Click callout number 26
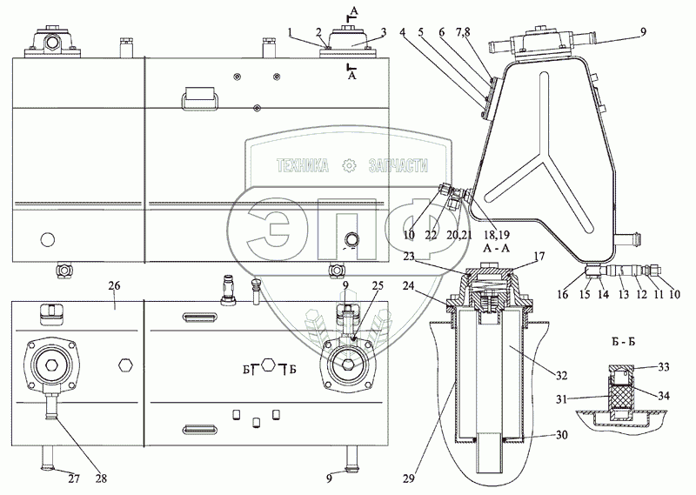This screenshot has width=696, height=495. click(x=115, y=285)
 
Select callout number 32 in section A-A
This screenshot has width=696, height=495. click(x=561, y=376)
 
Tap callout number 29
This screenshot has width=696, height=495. click(x=408, y=478)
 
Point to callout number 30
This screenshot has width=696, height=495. click(x=561, y=435)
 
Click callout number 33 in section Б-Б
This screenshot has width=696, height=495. click(x=664, y=367)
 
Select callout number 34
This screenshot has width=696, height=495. click(x=664, y=396)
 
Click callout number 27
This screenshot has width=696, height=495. click(x=74, y=478)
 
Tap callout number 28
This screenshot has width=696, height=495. click(x=101, y=478)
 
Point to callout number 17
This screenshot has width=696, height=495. click(x=539, y=256)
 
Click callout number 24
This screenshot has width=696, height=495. click(x=408, y=286)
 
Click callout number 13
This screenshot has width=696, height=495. click(x=624, y=294)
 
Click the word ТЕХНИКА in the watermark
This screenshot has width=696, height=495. click(x=303, y=165)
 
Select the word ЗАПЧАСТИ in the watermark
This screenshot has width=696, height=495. click(x=398, y=165)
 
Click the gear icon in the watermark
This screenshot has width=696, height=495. click(x=350, y=165)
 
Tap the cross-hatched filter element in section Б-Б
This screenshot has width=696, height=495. click(x=620, y=396)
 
